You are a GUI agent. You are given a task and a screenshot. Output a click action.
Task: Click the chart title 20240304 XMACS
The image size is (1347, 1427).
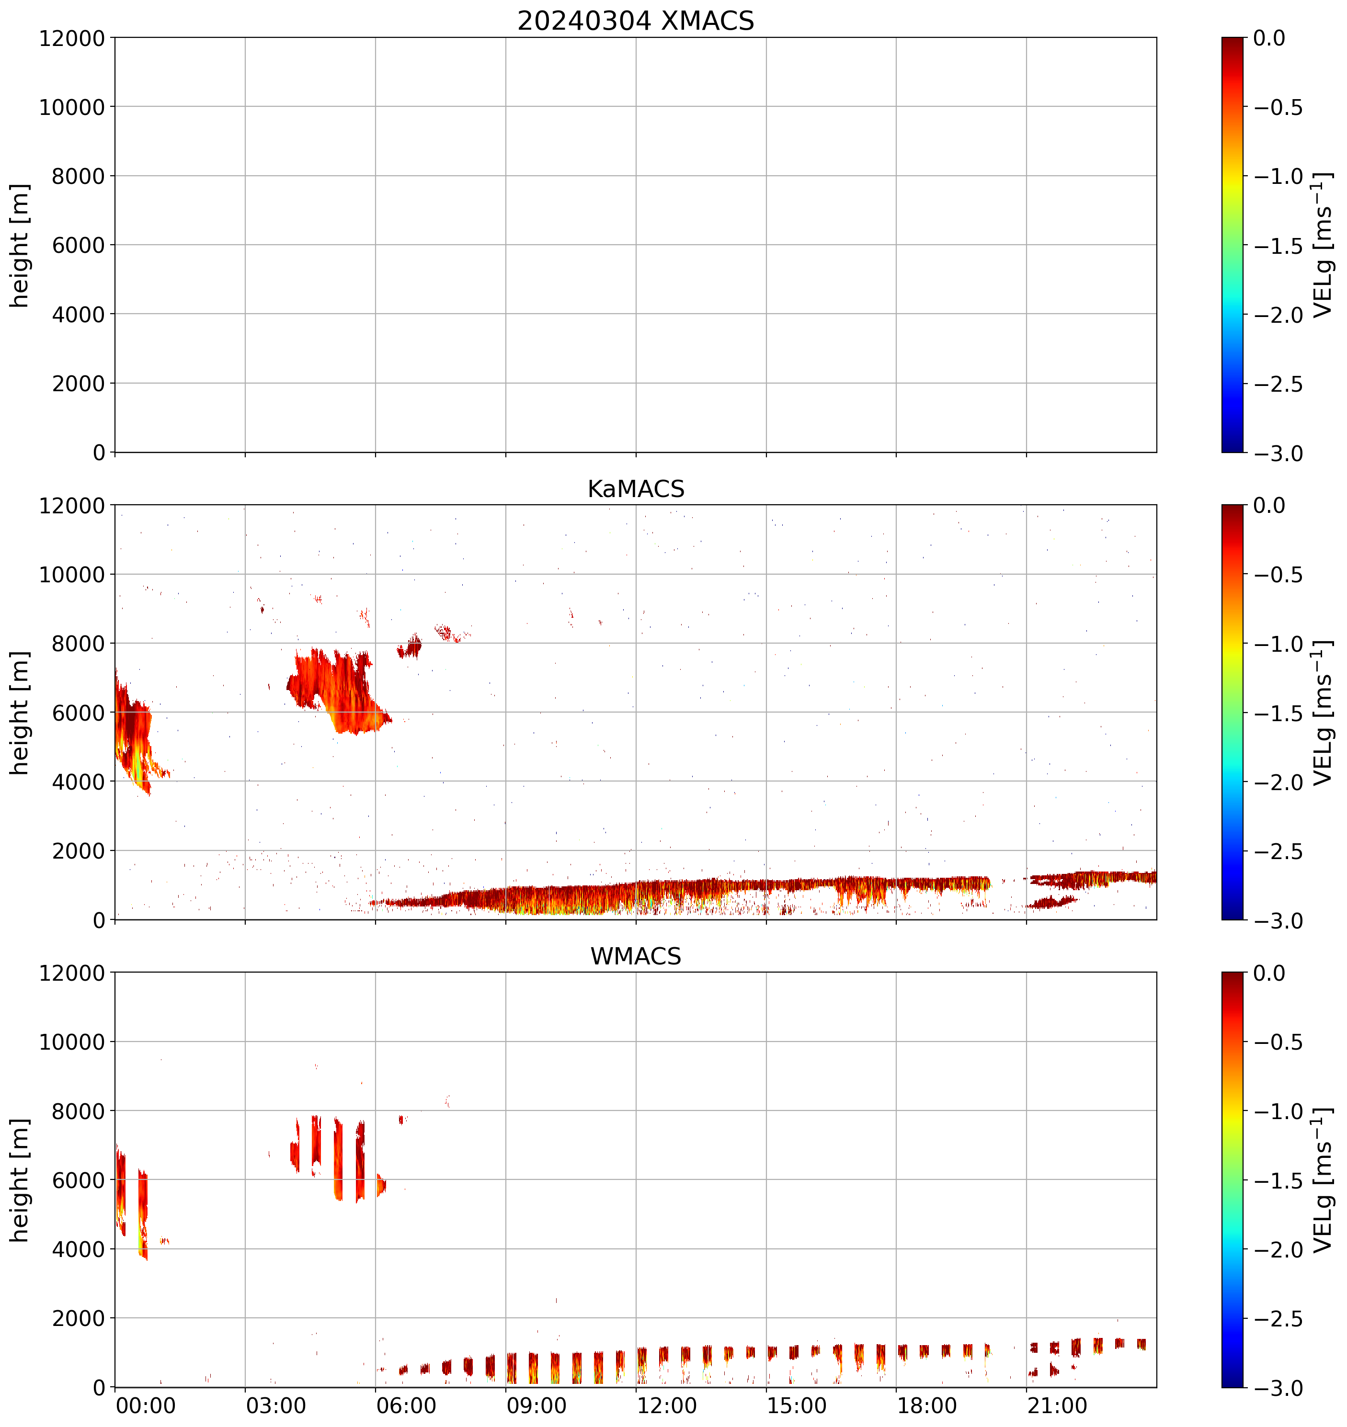point(636,21)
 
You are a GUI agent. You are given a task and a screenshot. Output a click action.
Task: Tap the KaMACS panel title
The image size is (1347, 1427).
point(636,489)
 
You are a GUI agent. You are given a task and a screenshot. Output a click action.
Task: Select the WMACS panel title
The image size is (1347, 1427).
point(636,956)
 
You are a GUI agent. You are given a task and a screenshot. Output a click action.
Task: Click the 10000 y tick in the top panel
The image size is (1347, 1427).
point(72,107)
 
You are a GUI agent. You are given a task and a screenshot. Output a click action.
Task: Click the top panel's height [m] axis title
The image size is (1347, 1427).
point(20,246)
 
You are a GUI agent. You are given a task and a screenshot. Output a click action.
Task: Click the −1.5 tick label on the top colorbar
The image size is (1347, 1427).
point(1278,246)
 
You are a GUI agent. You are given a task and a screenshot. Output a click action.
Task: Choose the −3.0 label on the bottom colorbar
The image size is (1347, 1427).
point(1278,1388)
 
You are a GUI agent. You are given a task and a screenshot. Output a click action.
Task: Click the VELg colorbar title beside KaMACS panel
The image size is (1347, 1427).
point(1323,713)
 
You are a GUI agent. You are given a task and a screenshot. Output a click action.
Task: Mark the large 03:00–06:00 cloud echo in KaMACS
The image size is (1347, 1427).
point(337,689)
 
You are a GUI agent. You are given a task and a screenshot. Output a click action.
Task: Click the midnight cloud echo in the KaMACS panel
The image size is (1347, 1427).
point(133,732)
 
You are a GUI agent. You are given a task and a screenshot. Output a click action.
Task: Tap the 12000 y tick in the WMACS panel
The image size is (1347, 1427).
point(72,974)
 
